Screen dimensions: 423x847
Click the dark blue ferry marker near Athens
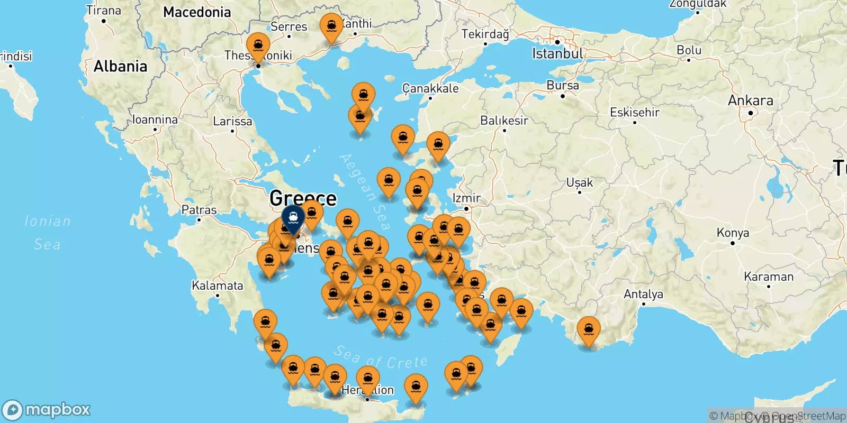click(x=293, y=218)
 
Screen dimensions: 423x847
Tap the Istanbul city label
click(x=557, y=53)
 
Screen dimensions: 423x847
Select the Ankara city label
click(x=750, y=100)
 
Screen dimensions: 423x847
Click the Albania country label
click(x=120, y=66)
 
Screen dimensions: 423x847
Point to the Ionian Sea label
click(x=48, y=232)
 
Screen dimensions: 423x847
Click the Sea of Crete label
click(x=381, y=358)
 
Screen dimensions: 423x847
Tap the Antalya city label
click(x=643, y=294)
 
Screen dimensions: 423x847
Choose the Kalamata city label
click(x=218, y=286)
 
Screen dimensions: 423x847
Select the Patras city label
click(x=199, y=210)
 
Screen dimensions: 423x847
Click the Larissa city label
click(x=232, y=121)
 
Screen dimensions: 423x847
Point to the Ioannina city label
click(x=155, y=119)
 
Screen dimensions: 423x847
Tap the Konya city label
click(x=733, y=233)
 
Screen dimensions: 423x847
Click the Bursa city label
click(x=563, y=85)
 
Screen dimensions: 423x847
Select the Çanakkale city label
click(x=430, y=88)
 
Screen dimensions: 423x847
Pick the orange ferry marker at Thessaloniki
click(x=258, y=46)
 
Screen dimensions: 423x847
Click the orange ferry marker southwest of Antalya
click(x=589, y=330)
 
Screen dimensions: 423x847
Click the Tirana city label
click(x=104, y=10)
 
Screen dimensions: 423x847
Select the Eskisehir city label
click(x=635, y=112)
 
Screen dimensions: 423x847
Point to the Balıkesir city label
click(x=504, y=121)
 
